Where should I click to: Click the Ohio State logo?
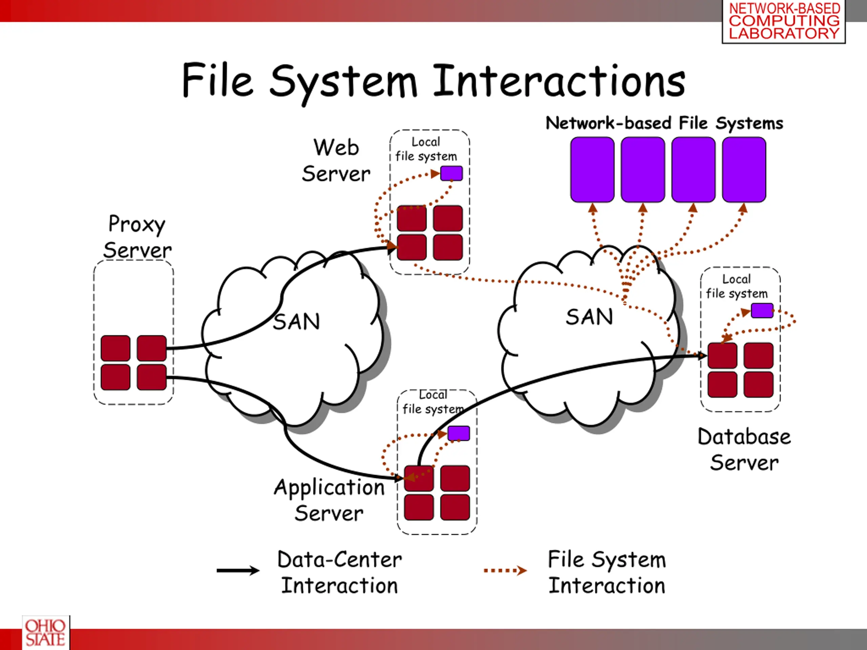[46, 632]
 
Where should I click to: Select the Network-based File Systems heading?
[664, 123]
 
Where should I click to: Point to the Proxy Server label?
[137, 237]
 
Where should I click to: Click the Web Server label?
[336, 161]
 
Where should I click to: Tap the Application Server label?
[329, 500]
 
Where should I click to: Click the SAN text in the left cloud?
[297, 322]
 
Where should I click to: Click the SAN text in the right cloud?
[589, 317]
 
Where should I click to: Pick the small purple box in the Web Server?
[451, 173]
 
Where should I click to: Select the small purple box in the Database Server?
[762, 310]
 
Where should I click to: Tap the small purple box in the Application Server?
[459, 433]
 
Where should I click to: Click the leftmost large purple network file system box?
[592, 170]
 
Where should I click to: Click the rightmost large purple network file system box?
[744, 170]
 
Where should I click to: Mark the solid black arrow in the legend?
[238, 570]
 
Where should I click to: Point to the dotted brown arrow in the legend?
[505, 570]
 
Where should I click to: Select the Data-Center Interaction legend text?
[339, 572]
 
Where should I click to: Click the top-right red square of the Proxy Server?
[152, 348]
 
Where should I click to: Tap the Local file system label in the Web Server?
[426, 149]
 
